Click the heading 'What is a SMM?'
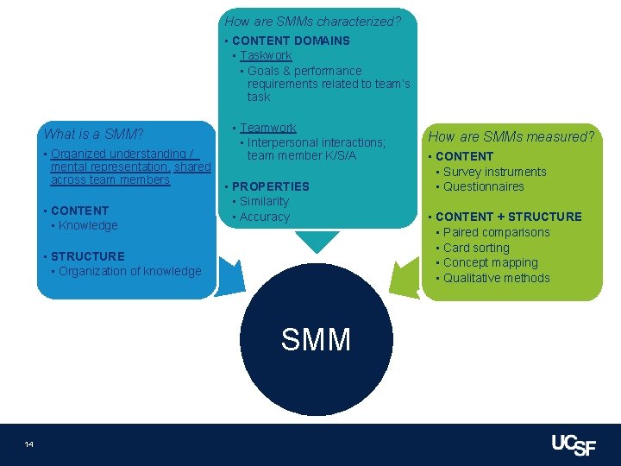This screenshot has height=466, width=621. pos(93,134)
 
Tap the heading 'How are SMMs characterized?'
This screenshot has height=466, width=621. pos(312,21)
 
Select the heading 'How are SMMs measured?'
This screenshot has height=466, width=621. pos(511,136)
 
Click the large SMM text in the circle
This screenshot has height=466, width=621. pos(316,339)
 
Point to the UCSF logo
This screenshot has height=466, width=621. pos(574,444)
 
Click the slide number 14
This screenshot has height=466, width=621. pos(29,444)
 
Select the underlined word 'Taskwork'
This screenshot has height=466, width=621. pos(266,55)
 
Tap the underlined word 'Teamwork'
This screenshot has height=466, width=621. pos(267,128)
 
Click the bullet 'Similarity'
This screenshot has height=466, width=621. pos(264,201)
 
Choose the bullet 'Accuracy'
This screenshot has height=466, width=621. pos(265,217)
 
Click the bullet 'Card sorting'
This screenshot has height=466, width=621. pos(476,248)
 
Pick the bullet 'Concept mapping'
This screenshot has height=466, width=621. pos(490,262)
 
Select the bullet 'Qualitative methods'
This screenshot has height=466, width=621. pos(496,278)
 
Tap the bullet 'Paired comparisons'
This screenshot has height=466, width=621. pos(496,232)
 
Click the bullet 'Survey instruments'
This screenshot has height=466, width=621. pos(494,172)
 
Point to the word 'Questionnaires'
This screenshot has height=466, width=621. pos(483,186)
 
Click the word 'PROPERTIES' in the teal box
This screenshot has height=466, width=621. pos(270,186)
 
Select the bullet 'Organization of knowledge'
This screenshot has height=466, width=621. pos(129,271)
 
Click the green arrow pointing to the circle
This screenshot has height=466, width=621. pos(403,276)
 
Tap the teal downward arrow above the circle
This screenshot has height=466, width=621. pos(317,241)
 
